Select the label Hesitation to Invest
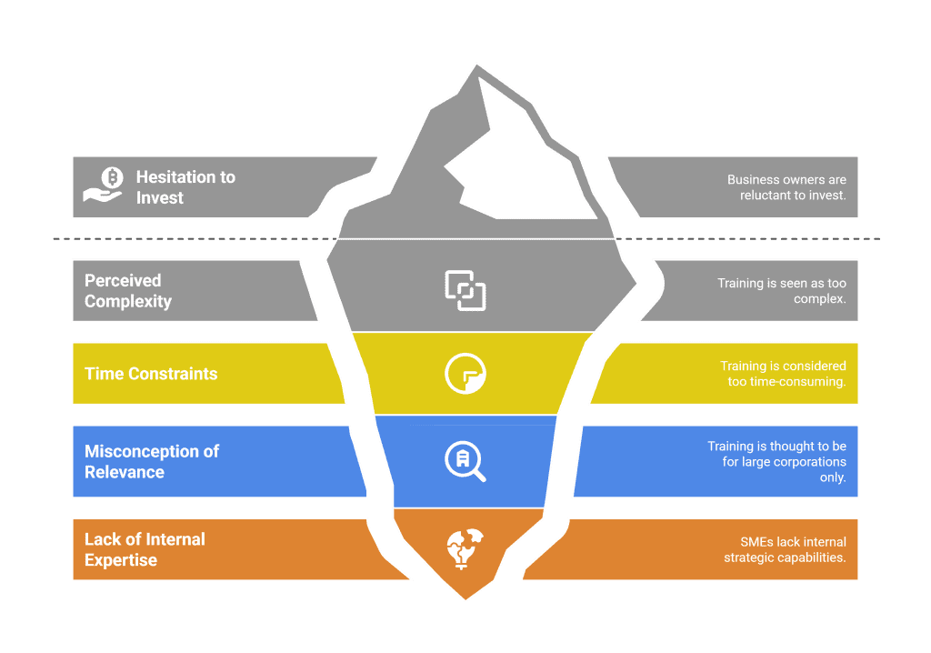point(185,187)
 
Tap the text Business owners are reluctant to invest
point(786,187)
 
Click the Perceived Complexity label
point(128,291)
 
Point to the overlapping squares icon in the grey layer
point(465,290)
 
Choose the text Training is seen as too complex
point(781,290)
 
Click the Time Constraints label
point(151,374)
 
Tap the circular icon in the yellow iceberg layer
point(465,374)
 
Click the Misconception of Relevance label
point(151,461)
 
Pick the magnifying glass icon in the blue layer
point(465,461)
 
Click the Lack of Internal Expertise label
point(145,549)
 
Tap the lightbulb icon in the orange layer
point(465,548)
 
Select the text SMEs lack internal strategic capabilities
point(785,549)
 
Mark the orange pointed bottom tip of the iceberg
point(465,588)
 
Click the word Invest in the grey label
point(160,198)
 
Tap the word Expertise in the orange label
point(121,560)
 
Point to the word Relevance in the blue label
point(125,472)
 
